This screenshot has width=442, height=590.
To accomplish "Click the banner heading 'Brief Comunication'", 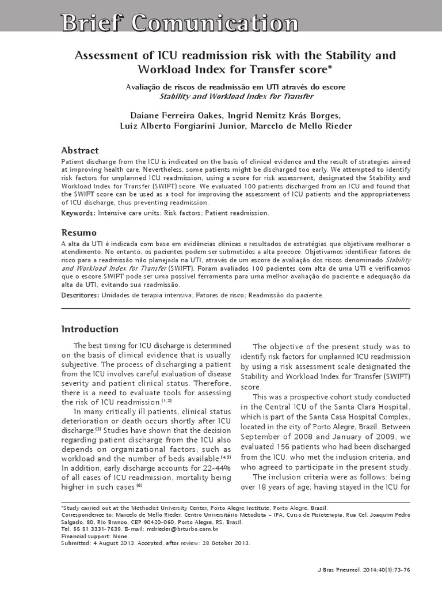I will click(x=180, y=24).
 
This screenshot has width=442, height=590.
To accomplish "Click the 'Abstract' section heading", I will click(x=79, y=150).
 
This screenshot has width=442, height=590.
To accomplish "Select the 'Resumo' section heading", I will click(x=79, y=233).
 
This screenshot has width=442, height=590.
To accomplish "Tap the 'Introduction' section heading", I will click(x=90, y=329).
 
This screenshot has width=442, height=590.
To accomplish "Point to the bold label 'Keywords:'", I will click(x=78, y=213).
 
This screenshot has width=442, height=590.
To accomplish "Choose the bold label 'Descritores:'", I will click(x=80, y=295).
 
